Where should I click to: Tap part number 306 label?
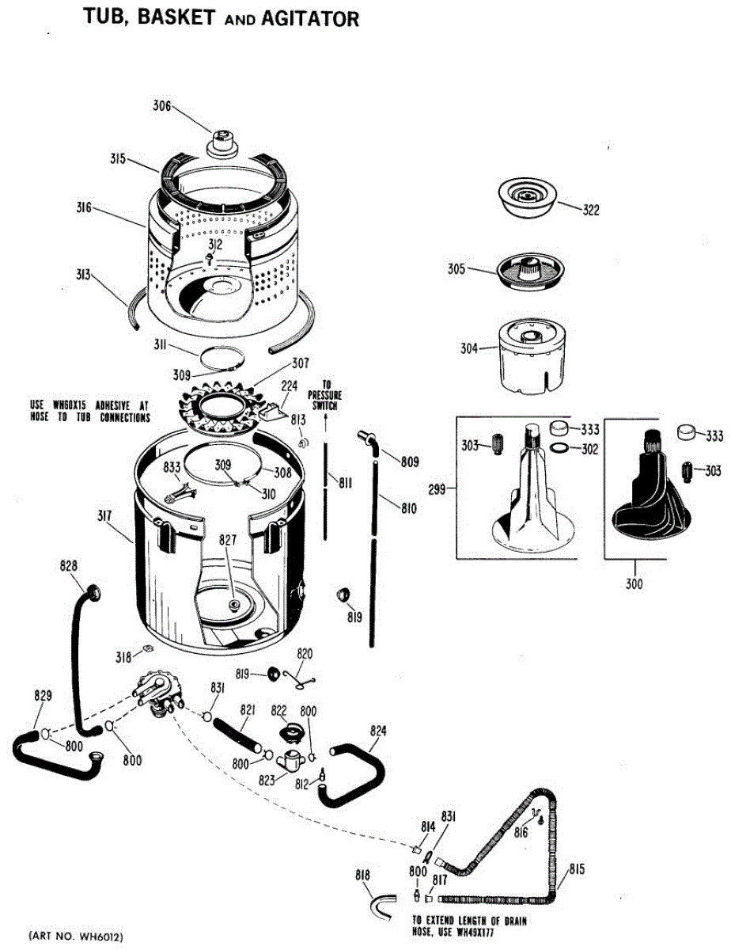162,106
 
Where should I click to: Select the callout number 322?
590,211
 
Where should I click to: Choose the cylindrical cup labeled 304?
529,355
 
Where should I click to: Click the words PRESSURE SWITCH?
324,400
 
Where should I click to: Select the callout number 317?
103,516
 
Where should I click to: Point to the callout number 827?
228,540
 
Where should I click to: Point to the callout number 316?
83,208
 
